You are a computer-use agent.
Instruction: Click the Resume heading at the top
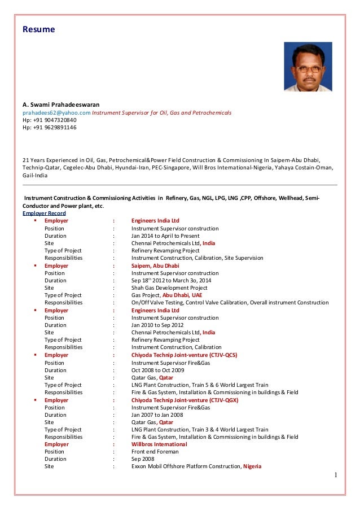pos(38,29)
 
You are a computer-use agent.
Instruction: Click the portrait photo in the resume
pos(308,67)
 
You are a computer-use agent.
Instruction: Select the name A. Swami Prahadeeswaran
pos(60,104)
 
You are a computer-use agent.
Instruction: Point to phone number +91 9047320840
pos(49,120)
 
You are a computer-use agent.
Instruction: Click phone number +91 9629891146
pos(49,127)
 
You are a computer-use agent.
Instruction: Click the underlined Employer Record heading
pos(44,213)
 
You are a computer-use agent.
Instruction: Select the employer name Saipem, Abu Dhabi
pos(155,265)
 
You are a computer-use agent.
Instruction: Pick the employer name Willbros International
pos(159,444)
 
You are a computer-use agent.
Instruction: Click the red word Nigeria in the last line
pos(252,467)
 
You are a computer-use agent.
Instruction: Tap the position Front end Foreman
pos(155,451)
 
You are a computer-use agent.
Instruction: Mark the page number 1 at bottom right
pos(335,475)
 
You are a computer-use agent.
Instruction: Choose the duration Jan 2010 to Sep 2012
pos(157,325)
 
